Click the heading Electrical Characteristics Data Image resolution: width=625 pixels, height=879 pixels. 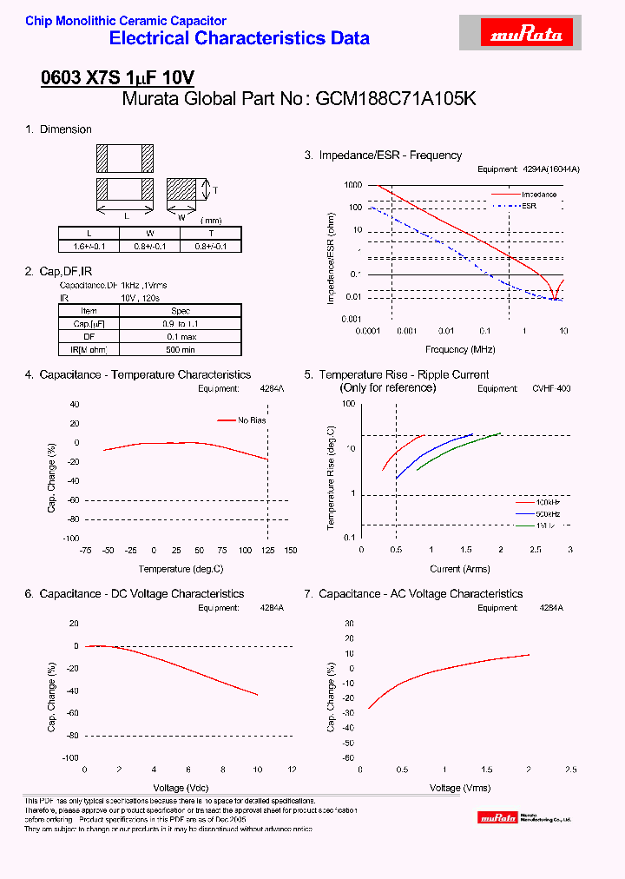coord(240,38)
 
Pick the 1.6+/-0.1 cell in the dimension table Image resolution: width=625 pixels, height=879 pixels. coord(89,246)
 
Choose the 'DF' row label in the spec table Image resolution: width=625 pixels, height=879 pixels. coord(89,335)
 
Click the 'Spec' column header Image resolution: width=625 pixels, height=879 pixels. coord(180,310)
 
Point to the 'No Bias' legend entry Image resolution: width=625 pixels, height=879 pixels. coord(252,420)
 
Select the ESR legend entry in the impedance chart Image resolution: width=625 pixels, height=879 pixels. coord(529,206)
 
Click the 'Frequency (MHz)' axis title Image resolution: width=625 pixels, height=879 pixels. coord(460,349)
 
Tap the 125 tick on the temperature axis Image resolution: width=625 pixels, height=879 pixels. coord(267,551)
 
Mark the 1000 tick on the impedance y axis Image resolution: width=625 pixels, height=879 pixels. coord(352,185)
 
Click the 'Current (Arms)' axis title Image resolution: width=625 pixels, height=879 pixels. coord(460,569)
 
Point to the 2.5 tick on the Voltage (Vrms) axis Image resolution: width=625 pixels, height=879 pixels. coord(570,770)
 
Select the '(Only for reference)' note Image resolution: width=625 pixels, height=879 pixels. coord(387,387)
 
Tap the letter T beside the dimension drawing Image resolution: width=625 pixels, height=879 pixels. coord(214,190)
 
